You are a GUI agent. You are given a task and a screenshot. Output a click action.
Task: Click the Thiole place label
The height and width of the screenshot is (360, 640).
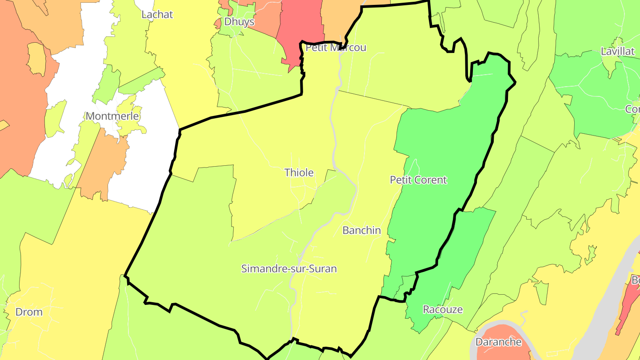click(x=299, y=172)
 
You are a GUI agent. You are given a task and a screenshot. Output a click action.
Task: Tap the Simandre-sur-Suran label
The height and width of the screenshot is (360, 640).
click(x=289, y=269)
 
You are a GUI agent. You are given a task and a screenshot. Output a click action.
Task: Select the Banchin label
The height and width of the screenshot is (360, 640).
click(x=361, y=230)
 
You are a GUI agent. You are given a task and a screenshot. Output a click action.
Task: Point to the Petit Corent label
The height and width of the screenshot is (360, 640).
click(x=418, y=180)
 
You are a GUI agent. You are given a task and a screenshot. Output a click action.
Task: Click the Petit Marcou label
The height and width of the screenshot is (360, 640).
click(x=336, y=48)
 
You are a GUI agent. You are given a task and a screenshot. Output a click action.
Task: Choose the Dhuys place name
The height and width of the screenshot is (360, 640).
click(x=239, y=21)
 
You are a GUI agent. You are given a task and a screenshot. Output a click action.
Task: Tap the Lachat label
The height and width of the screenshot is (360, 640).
click(x=157, y=14)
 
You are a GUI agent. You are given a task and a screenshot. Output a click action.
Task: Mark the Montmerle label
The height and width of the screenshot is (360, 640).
click(x=112, y=116)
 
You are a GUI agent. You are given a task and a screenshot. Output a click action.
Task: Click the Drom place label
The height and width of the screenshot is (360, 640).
click(x=29, y=312)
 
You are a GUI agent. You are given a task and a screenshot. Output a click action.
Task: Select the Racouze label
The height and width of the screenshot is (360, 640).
click(x=443, y=309)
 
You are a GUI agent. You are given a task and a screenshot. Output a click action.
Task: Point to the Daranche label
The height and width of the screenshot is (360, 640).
click(x=498, y=342)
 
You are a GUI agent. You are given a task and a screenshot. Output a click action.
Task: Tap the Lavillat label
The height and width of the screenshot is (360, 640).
click(x=617, y=51)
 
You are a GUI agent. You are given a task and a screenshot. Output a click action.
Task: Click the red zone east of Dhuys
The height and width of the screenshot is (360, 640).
click(x=300, y=22)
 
